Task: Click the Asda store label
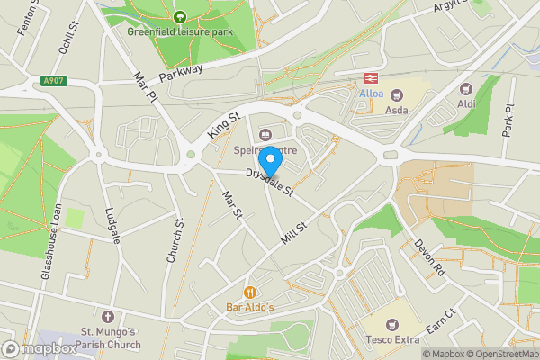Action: pos(397,110)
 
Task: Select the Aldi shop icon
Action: pos(466,89)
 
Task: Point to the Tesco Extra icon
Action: pos(391,324)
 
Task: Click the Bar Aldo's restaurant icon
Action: pos(249,292)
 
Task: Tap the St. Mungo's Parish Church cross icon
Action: pos(108,317)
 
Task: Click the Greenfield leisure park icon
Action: pos(179,16)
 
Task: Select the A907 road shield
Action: pos(53,82)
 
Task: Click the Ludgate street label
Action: pos(112,224)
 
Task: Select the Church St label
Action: pos(175,241)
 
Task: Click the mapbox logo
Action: pos(40,348)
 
